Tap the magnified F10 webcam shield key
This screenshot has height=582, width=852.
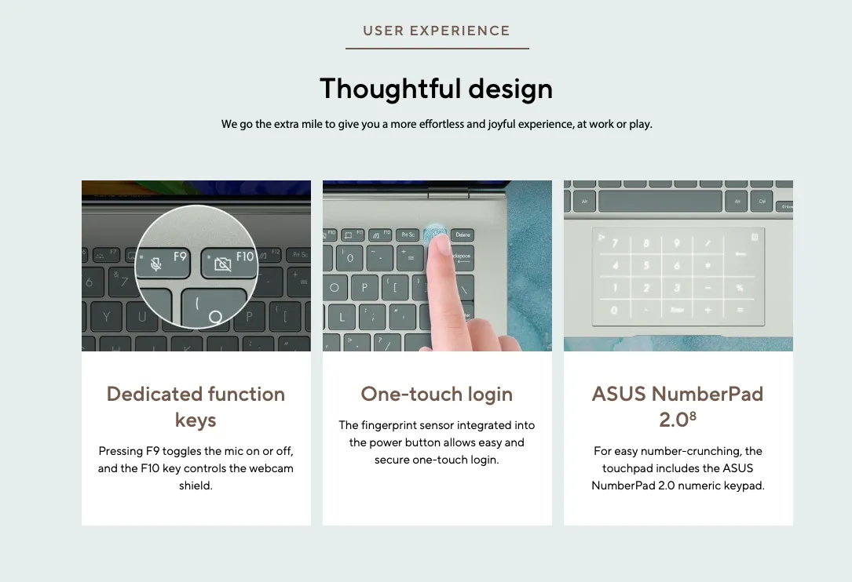point(229,264)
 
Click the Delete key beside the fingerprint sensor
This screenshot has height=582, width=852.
point(463,235)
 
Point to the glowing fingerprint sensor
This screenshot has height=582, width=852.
point(436,234)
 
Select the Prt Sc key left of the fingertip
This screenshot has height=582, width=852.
point(408,235)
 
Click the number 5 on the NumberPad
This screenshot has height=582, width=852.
point(646,265)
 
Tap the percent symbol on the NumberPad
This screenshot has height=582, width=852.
point(740,288)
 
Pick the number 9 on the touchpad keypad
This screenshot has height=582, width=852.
point(676,243)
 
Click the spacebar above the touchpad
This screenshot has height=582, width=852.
point(660,202)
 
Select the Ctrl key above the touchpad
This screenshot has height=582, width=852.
point(762,202)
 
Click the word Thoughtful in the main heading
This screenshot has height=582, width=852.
point(389,89)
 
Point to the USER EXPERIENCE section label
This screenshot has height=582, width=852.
point(437,31)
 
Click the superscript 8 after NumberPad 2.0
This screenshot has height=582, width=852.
point(693,416)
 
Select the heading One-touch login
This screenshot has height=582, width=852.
point(437,395)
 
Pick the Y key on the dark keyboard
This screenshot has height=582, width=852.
point(106,317)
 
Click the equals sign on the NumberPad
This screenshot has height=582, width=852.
point(740,310)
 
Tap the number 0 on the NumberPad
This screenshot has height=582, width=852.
point(614,311)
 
